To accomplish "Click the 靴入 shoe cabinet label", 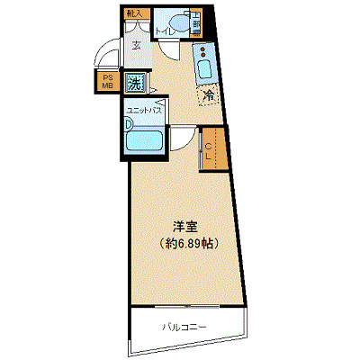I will pos(134,14).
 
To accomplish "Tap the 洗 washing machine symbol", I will pos(134,83).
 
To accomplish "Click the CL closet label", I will pos(208,151).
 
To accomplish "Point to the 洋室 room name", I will pos(184,226).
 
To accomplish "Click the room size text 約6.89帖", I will pos(185,243).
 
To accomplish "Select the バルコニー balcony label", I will pos(185,326).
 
